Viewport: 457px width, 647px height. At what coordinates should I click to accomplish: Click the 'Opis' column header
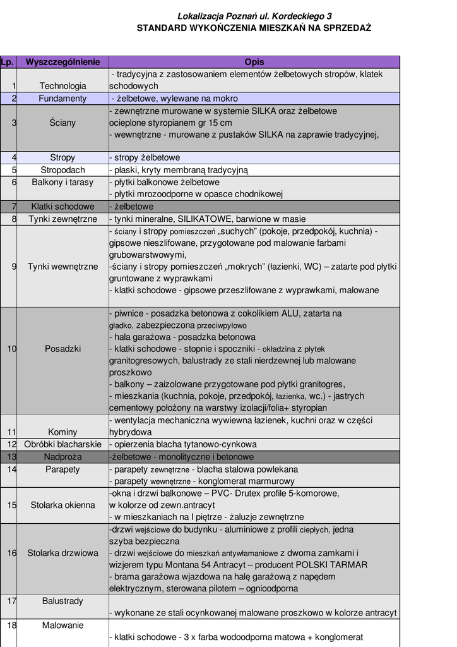coord(254,62)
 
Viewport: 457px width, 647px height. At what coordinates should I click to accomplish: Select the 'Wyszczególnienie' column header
coord(62,62)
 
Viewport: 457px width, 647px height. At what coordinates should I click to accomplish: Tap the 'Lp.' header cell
coord(8,62)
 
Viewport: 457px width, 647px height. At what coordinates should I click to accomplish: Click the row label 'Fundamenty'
coord(62,99)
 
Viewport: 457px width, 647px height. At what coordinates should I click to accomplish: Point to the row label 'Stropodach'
coord(62,170)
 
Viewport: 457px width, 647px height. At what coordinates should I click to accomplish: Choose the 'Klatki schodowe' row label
coord(62,207)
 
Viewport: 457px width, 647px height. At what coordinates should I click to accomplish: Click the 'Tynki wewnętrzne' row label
coord(62,267)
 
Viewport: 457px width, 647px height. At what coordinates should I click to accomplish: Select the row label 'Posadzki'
coord(62,349)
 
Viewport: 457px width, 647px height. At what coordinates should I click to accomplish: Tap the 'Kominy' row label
coord(62,432)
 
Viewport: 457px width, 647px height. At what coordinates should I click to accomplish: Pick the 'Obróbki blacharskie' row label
coord(62,444)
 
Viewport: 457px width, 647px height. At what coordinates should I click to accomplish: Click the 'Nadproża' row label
coord(62,457)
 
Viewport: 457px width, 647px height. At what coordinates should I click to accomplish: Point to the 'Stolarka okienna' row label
coord(62,505)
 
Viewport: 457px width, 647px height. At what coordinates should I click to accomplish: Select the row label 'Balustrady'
coord(62,601)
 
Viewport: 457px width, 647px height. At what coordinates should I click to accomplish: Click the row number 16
coord(12,553)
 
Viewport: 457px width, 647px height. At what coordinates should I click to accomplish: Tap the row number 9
coord(14,267)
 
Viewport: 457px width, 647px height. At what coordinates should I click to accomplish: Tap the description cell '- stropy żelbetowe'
coord(145,158)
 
